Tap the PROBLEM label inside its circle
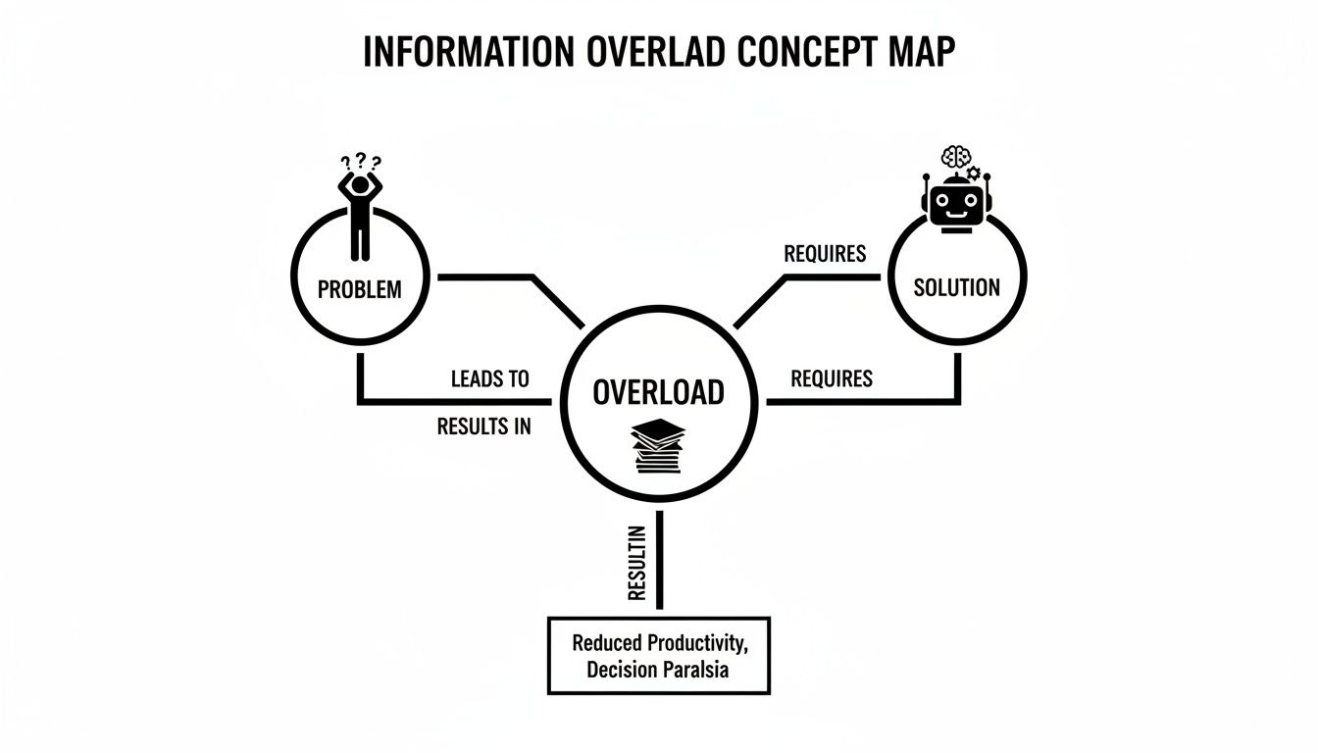pos(360,289)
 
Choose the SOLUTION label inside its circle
pos(956,287)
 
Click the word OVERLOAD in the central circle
pos(659,392)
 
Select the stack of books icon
pos(658,446)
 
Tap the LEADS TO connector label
pos(489,378)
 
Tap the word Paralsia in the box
pos(702,671)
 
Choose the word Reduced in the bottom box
pos(607,643)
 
